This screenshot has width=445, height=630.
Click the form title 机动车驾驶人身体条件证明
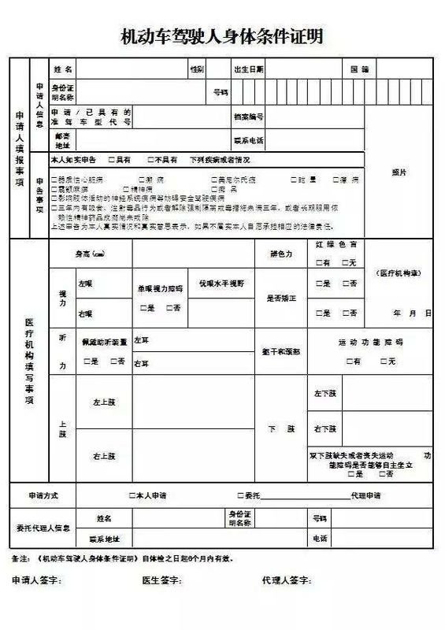point(222,36)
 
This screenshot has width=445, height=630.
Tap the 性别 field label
point(196,69)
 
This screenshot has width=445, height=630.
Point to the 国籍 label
point(360,69)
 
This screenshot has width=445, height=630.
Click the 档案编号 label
point(248,117)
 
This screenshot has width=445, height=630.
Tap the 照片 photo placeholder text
point(399,172)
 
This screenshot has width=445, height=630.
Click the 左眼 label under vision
point(85,281)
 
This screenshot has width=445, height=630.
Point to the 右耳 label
point(141,364)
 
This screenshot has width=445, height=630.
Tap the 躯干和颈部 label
point(280,350)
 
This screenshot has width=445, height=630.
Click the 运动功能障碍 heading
point(370,343)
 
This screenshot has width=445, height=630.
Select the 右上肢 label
point(105,456)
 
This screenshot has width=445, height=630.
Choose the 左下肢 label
point(325,392)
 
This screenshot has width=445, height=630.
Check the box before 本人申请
point(132,496)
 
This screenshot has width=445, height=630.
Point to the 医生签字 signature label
point(161,580)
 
